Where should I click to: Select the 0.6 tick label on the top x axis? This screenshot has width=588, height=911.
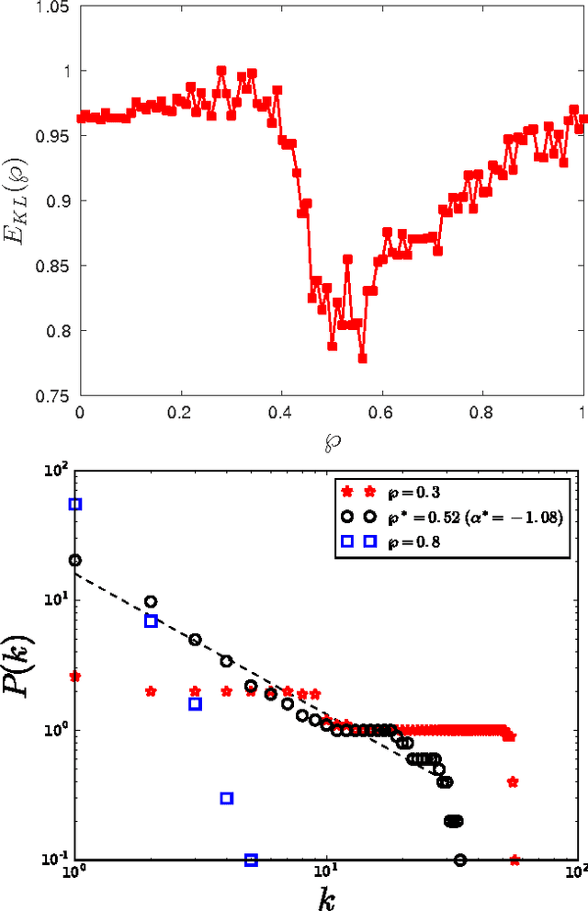coord(381,413)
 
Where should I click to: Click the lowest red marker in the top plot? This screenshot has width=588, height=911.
coord(362,359)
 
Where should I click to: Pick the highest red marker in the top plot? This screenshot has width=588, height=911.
coord(221,70)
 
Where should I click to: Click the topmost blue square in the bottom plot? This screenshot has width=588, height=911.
coord(75,504)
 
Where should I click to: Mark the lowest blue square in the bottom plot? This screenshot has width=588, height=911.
coord(252,860)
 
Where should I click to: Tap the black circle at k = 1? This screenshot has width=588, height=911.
coord(75,560)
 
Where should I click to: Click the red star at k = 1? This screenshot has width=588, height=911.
coord(75,677)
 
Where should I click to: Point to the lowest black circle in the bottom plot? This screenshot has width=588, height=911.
coord(459,860)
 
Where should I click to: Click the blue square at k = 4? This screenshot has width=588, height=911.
coord(227,798)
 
